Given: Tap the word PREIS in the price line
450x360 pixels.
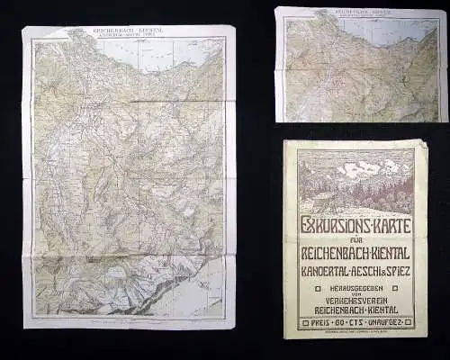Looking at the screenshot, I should (x=318, y=321).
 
